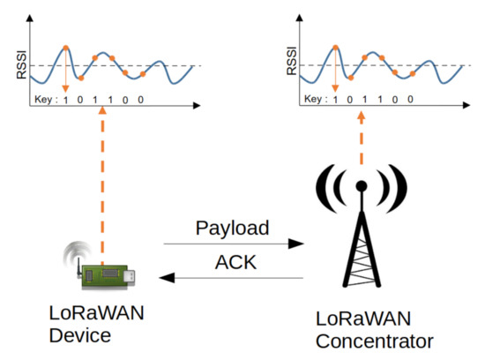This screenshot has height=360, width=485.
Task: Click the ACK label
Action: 234,263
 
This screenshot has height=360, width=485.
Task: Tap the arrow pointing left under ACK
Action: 234,280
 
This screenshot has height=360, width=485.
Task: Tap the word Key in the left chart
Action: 41,99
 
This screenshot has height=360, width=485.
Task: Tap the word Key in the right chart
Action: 314,99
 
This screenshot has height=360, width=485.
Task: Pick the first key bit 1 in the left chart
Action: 65,99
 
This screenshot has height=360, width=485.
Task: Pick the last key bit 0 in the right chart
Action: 411,99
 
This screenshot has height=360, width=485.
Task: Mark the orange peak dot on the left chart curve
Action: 65,48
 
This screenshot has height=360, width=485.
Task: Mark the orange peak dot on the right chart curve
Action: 335,48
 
